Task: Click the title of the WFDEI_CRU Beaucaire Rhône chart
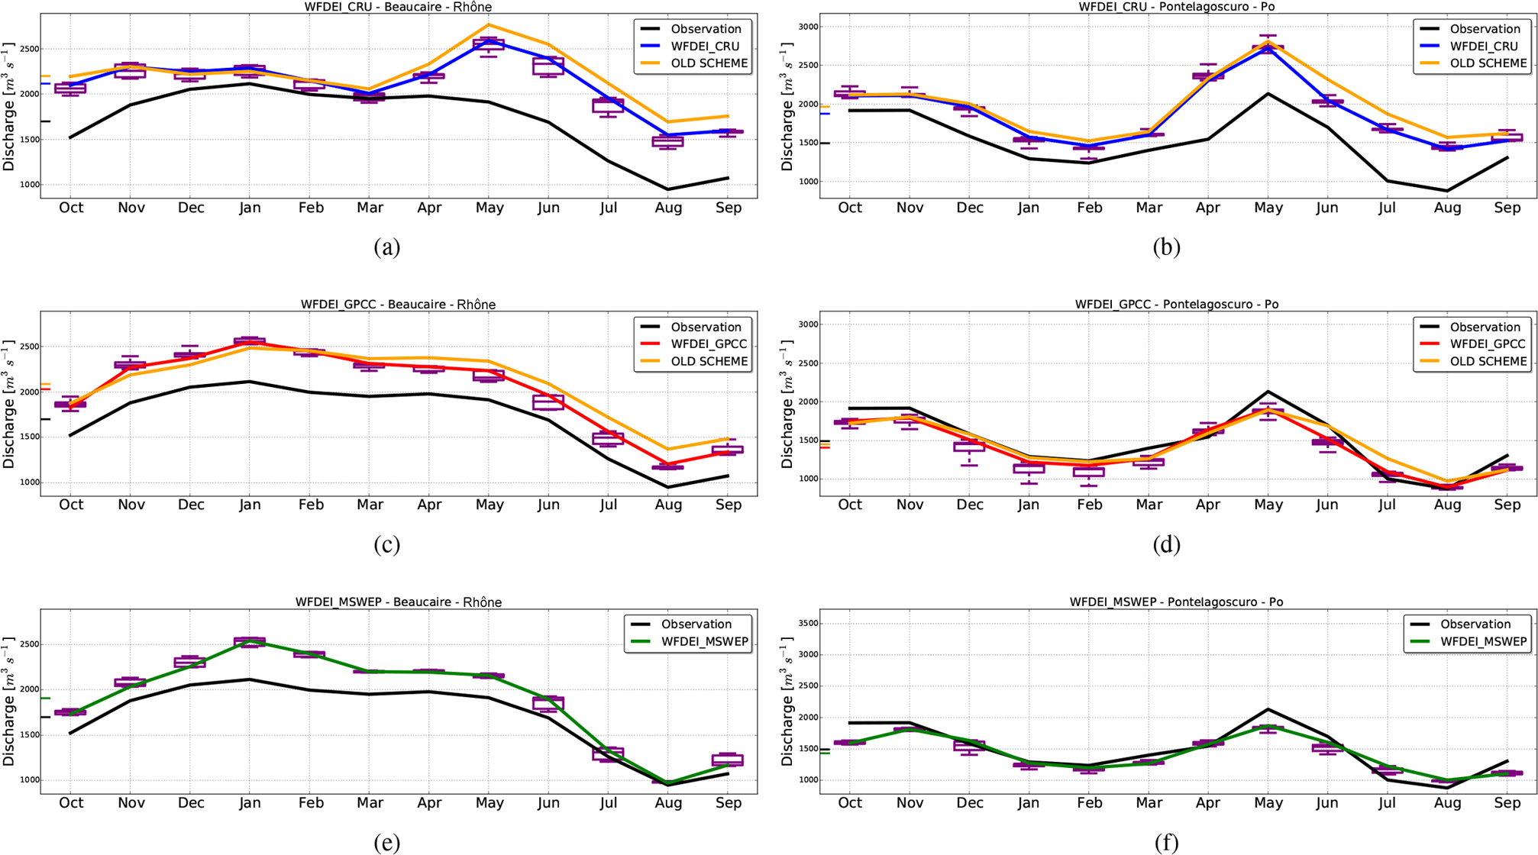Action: pos(398,7)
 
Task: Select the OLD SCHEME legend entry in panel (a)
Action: pos(709,63)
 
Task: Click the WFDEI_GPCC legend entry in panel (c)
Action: pos(709,344)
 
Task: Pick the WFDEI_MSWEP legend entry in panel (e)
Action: pos(703,641)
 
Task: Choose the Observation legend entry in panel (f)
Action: pos(1475,624)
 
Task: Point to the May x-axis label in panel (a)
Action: pos(490,208)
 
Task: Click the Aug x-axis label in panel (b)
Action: pos(1447,208)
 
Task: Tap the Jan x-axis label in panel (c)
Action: pos(250,505)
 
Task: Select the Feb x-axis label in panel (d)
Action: pos(1089,505)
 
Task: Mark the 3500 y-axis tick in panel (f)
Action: pos(807,624)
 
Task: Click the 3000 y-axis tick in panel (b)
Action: pos(807,27)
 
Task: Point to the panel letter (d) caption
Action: pos(1166,544)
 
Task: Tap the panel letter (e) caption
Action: pos(387,842)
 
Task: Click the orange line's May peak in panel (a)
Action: pos(490,24)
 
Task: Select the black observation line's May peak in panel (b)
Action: pos(1268,94)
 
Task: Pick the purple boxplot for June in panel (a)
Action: pos(548,66)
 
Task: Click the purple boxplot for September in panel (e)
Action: pos(728,760)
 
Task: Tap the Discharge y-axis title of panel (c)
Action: pos(9,405)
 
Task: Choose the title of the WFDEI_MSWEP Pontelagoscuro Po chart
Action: pos(1176,602)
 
